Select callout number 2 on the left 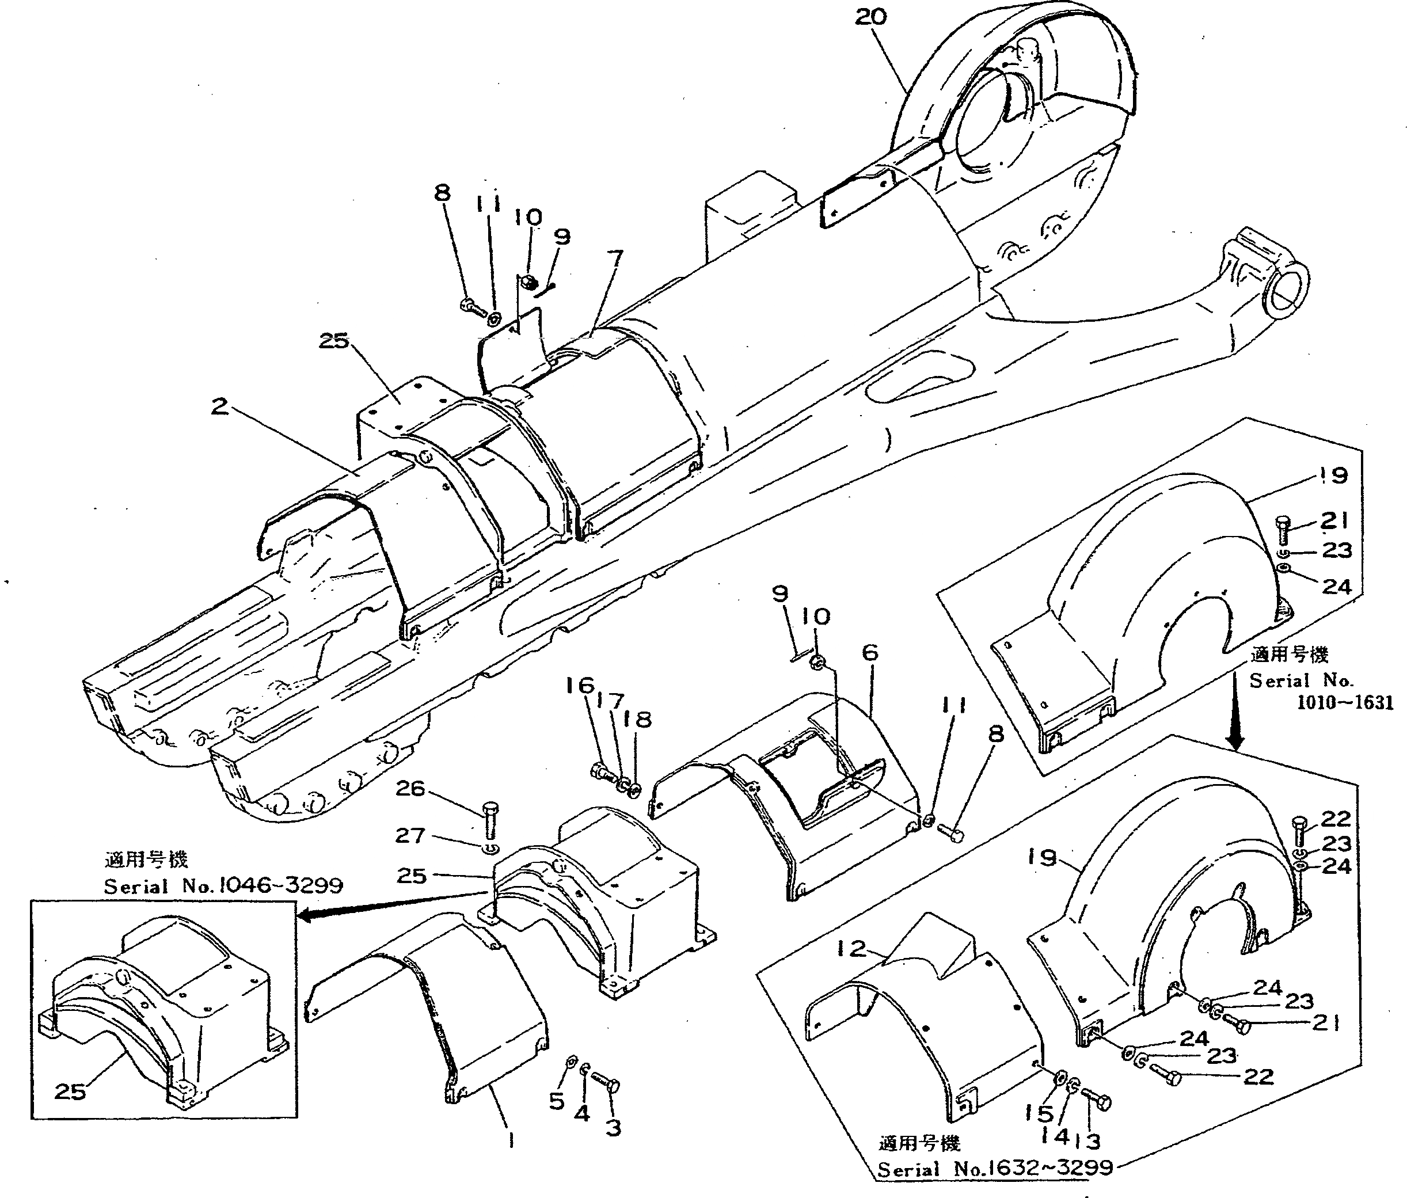219,407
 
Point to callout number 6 870,653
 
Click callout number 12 851,948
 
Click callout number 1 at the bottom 511,1140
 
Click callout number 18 639,719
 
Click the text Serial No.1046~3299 223,885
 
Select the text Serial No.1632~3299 995,1168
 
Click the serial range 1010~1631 1344,703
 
